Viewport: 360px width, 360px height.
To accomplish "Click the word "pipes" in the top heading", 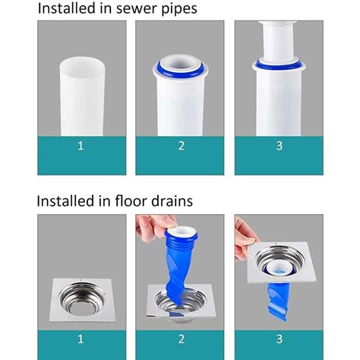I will [178, 9].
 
